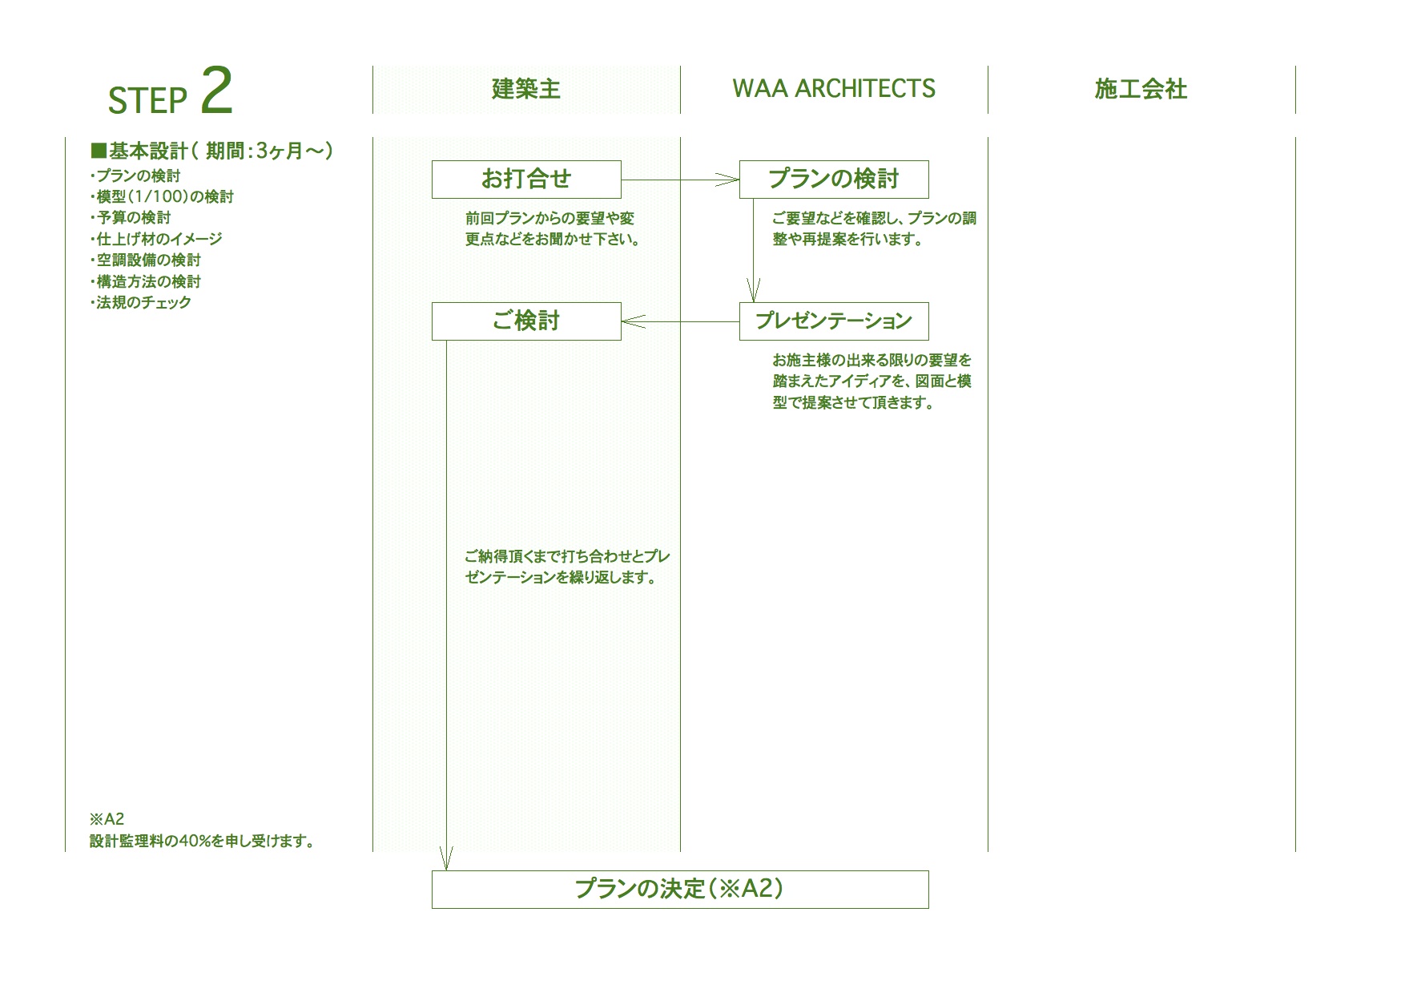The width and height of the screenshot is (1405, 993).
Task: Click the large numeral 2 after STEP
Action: (x=216, y=91)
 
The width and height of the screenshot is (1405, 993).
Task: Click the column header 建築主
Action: (x=525, y=89)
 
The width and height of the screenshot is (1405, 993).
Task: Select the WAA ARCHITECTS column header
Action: (x=833, y=89)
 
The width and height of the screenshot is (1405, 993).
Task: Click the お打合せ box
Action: (x=526, y=180)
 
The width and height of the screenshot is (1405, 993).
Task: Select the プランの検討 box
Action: (x=833, y=180)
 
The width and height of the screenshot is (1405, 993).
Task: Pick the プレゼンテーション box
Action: (x=833, y=321)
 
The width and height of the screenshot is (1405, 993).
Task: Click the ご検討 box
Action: (x=526, y=321)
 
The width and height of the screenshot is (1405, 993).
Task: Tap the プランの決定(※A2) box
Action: (x=679, y=889)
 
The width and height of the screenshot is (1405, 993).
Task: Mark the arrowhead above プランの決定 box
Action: (x=446, y=860)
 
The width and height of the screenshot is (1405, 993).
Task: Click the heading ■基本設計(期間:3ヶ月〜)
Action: (x=212, y=151)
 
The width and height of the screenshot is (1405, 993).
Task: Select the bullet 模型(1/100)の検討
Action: (x=163, y=196)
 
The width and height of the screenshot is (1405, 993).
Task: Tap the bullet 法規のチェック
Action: (x=141, y=302)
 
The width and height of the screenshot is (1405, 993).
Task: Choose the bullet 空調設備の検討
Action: (x=146, y=260)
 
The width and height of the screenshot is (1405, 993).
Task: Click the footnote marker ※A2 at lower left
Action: (x=107, y=819)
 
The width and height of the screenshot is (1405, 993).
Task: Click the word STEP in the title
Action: (x=147, y=100)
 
